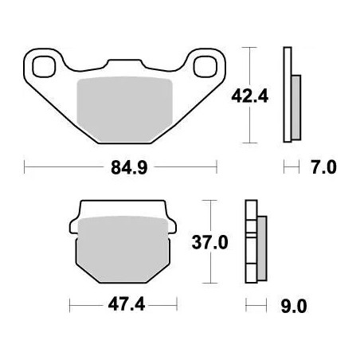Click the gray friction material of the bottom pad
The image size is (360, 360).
(x=123, y=247)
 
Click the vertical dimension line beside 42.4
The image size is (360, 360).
(x=252, y=95)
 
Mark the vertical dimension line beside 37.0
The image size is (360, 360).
(x=209, y=241)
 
